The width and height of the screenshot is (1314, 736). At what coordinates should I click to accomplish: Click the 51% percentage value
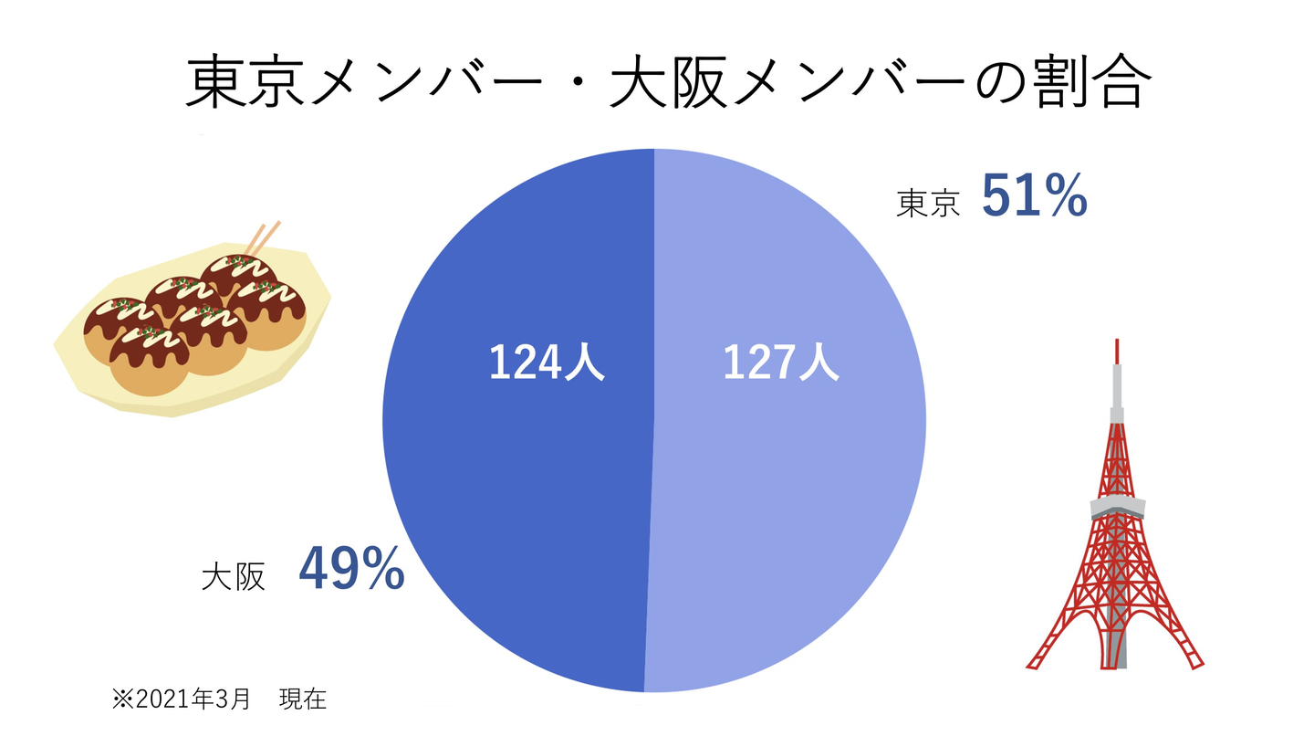pos(1034,196)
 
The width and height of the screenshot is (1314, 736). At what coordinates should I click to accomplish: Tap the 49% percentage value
pos(351,568)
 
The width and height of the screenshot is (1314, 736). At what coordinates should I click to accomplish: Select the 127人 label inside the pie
pos(780,363)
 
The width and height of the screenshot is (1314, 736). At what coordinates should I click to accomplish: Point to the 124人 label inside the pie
pos(547,363)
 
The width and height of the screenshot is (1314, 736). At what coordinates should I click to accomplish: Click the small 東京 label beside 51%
pos(929,203)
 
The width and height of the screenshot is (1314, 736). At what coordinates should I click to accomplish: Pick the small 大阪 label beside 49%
pos(234,576)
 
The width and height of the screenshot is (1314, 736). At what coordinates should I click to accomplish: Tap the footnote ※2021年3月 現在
pos(219,699)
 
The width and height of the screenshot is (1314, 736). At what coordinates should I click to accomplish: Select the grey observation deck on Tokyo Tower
pos(1116,507)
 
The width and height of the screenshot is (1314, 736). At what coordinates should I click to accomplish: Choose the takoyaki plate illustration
pos(192,329)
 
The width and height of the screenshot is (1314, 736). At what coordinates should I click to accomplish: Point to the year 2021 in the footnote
pos(162,700)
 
